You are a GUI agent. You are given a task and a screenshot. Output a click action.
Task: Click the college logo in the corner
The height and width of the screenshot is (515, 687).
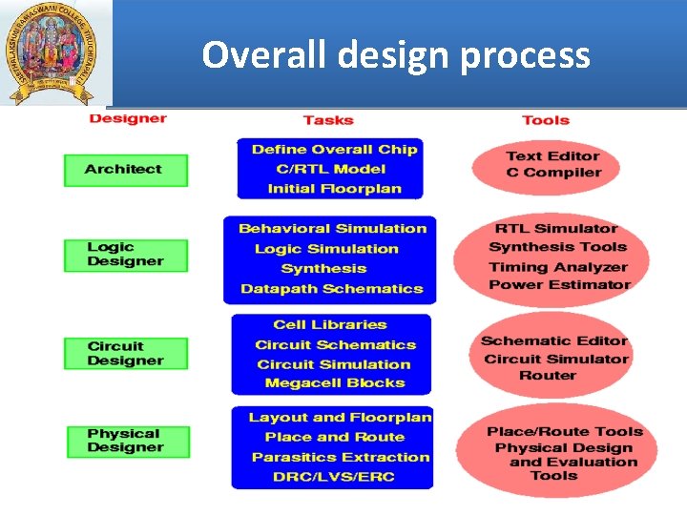pos(55,51)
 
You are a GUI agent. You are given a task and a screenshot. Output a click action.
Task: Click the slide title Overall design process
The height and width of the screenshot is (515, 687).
pos(396,55)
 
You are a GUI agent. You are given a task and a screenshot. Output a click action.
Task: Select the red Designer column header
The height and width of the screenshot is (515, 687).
pos(127,119)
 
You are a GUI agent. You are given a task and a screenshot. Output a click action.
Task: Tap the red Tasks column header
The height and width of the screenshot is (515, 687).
pos(328,120)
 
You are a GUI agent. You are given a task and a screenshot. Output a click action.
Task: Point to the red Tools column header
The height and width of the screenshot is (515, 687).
pos(546,120)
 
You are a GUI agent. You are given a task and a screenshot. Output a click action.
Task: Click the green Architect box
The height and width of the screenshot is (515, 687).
pos(125,170)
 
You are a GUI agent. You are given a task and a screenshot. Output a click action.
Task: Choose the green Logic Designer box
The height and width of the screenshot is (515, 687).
pos(126,255)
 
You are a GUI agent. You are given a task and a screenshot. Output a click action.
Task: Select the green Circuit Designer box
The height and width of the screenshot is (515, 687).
pos(126,354)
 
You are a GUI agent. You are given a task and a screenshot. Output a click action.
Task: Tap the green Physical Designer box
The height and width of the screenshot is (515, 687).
pos(127,441)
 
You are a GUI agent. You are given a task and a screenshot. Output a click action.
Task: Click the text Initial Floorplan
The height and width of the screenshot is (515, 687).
pos(334,188)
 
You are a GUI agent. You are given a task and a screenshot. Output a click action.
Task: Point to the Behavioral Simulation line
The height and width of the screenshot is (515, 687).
pos(332,229)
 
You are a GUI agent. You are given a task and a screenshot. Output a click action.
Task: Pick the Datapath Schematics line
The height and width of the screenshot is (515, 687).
pos(331,289)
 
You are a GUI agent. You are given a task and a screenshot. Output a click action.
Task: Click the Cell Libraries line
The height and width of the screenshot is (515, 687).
pos(330,325)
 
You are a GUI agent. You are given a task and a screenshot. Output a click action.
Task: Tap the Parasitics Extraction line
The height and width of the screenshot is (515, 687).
pos(341,457)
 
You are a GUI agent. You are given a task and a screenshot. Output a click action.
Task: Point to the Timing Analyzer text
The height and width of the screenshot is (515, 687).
pos(558,268)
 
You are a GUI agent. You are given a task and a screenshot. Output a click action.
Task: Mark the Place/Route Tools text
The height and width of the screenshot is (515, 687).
pos(565,432)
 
